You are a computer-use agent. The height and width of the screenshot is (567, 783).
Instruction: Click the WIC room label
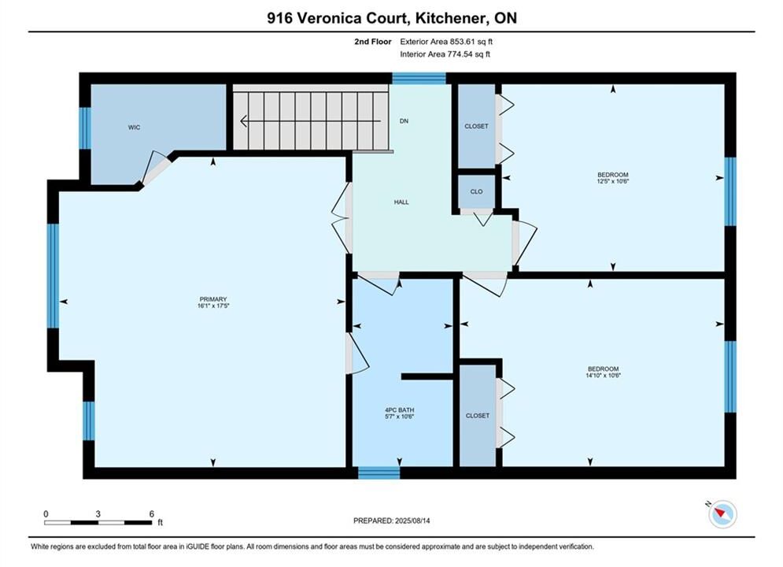point(134,128)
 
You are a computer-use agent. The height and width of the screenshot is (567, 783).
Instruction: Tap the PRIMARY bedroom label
point(213,299)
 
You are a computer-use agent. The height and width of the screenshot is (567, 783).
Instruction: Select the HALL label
point(401,202)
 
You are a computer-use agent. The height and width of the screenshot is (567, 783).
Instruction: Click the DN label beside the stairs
point(404,121)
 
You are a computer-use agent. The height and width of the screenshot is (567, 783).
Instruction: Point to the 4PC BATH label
point(400,410)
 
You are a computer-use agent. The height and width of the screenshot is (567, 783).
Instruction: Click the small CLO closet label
point(476,191)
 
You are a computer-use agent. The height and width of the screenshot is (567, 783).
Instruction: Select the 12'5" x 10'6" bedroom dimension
point(613,181)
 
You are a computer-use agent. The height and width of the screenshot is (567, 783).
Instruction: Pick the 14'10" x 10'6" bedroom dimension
point(604,375)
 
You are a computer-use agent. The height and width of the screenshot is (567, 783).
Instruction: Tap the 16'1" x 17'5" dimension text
point(213,306)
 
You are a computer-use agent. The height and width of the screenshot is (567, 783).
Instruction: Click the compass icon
point(722,514)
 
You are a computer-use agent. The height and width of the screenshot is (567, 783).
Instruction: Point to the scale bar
point(98,523)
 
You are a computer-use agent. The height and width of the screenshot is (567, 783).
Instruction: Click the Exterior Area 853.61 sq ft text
point(446,42)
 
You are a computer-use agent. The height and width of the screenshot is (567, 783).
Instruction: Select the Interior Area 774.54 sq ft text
point(445,54)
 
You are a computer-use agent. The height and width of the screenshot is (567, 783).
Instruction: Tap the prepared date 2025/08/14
point(412,521)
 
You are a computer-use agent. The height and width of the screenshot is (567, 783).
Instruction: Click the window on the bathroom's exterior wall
point(379,472)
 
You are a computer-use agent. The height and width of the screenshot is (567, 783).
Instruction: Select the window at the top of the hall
point(419,79)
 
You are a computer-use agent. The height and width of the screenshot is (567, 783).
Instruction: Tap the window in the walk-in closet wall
point(86,128)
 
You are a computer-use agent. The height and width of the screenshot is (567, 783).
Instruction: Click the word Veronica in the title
point(351,18)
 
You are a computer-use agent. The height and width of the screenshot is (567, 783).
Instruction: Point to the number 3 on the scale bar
point(98,513)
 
